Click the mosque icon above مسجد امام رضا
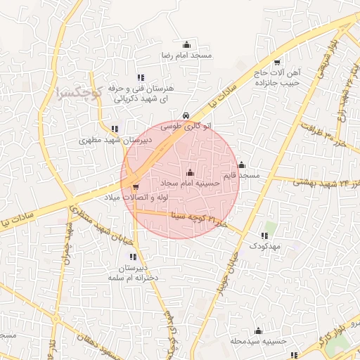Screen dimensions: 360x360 pyautogui.click(x=186, y=44)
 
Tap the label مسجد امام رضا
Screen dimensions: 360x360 pyautogui.click(x=186, y=55)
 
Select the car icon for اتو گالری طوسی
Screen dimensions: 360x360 pyautogui.click(x=185, y=115)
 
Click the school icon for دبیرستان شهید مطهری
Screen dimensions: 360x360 pyautogui.click(x=115, y=129)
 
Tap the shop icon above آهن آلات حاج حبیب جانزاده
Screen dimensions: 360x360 pyautogui.click(x=276, y=62)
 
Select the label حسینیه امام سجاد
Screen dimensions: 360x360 pyautogui.click(x=191, y=183)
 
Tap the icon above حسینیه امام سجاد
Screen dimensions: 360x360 pyautogui.click(x=190, y=172)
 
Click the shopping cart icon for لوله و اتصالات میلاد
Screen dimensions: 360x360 pyautogui.click(x=135, y=187)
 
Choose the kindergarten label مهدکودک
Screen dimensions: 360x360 pyautogui.click(x=264, y=247)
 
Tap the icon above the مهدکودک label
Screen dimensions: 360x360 pyautogui.click(x=264, y=236)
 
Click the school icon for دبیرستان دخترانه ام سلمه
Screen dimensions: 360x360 pyautogui.click(x=134, y=256)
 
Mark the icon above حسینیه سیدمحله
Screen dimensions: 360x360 pyautogui.click(x=258, y=330)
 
